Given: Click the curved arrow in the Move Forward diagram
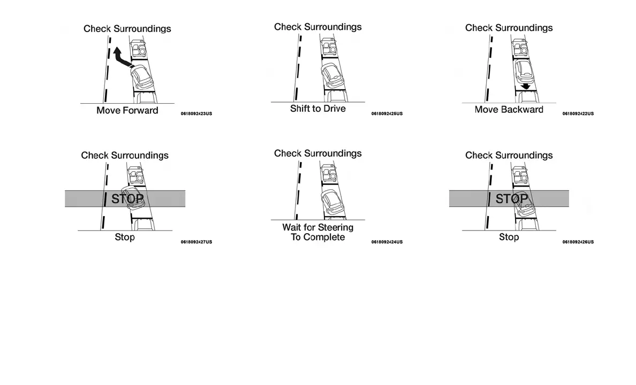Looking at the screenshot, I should (121, 58).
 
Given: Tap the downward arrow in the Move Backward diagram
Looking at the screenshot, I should (526, 86).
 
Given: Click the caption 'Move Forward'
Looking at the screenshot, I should (127, 111).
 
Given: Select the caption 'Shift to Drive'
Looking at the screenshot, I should (318, 109).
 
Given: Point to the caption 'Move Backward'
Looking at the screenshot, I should (509, 110).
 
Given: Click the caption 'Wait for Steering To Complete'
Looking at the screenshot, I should (318, 232).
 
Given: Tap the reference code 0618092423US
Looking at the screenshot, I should (196, 114).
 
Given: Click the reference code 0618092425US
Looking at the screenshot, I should (387, 114).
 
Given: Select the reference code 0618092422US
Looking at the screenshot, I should (578, 114).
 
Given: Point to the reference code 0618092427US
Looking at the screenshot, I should (196, 242).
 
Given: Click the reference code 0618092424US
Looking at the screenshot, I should (387, 242).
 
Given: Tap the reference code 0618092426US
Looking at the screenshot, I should (578, 242).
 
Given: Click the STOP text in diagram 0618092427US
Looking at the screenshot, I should (127, 199).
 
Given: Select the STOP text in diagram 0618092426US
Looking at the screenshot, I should (512, 199).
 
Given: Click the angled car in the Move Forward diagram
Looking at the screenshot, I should (142, 78).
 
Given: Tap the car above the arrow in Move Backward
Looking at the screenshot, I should (523, 71).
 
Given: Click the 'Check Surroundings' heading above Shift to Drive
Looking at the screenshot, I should (318, 27).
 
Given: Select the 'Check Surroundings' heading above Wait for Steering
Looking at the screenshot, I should (318, 153).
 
